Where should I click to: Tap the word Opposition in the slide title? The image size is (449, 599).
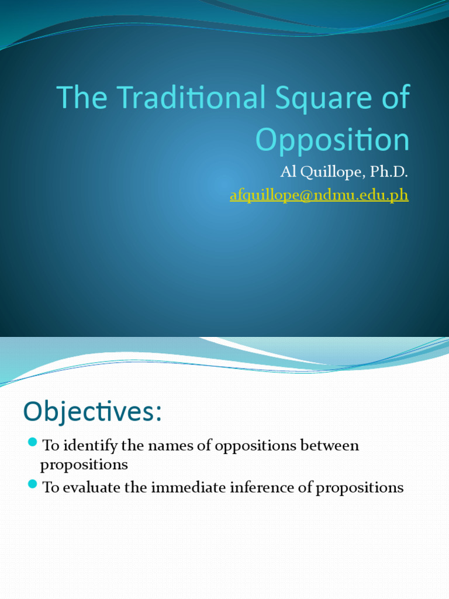click(x=332, y=140)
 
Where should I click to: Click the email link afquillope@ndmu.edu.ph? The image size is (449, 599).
click(x=319, y=195)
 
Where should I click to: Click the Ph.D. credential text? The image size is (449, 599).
click(x=388, y=173)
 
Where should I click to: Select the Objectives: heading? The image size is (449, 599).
click(x=92, y=412)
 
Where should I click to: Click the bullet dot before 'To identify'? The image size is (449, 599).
click(x=33, y=441)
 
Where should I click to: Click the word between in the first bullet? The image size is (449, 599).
click(x=330, y=446)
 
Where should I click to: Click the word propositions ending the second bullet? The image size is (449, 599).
click(x=360, y=488)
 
